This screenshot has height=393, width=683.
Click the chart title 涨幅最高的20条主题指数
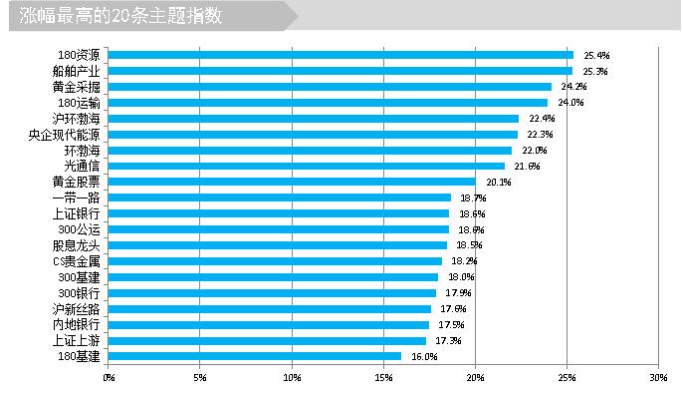(x=120, y=16)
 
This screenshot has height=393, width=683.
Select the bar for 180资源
(x=341, y=55)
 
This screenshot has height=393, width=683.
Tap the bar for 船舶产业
(x=341, y=71)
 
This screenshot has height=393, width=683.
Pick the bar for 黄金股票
(x=293, y=182)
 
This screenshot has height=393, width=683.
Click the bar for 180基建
(x=255, y=356)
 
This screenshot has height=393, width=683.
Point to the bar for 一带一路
(x=280, y=197)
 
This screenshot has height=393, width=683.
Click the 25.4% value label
(x=595, y=55)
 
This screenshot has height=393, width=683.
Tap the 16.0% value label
(x=424, y=356)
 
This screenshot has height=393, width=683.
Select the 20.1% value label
(x=498, y=182)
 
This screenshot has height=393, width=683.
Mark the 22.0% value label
(x=535, y=150)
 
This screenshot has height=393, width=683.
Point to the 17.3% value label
(x=448, y=340)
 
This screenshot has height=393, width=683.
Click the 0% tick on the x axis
(x=109, y=377)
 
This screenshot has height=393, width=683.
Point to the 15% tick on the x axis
(x=383, y=377)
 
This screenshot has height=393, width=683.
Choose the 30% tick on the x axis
(x=657, y=377)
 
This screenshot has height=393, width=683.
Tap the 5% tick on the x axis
(x=200, y=377)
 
